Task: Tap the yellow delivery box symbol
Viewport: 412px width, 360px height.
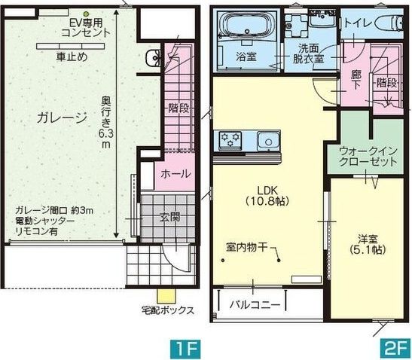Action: click(160, 295)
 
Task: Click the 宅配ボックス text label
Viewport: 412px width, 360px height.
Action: click(168, 310)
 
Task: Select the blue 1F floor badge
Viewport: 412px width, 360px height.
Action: click(185, 347)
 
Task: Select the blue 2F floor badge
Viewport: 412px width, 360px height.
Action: click(395, 347)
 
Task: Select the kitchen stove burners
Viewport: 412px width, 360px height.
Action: click(230, 139)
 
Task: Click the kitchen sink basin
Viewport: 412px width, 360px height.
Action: click(267, 141)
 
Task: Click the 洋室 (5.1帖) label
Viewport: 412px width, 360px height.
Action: click(368, 243)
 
